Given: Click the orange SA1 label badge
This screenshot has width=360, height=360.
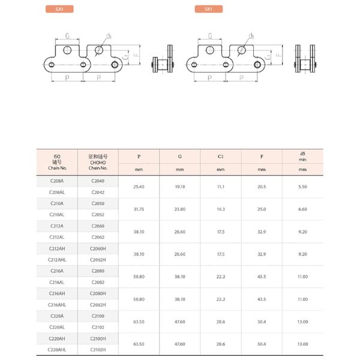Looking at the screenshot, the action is click(59, 9).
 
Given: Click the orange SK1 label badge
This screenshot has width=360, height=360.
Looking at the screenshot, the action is click(209, 9).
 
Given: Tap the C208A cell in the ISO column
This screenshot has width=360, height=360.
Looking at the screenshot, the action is click(57, 181).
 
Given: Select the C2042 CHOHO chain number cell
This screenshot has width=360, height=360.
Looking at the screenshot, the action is click(98, 193).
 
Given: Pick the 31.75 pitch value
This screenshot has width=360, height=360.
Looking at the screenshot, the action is click(139, 209).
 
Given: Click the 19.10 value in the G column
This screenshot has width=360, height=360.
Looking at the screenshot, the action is click(180, 187).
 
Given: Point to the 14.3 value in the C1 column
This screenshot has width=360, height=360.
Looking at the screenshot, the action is click(221, 209).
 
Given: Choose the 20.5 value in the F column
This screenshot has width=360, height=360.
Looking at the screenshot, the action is click(262, 187).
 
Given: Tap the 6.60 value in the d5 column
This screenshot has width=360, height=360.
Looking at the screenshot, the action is click(302, 209).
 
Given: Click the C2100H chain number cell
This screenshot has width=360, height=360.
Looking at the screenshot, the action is click(98, 338).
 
